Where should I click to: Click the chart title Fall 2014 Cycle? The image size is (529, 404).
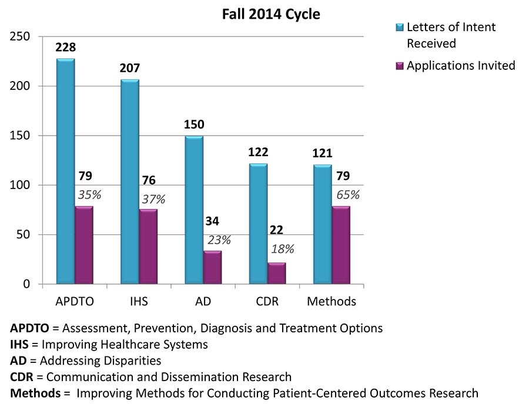pyautogui.click(x=271, y=14)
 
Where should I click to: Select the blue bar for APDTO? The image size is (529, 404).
pyautogui.click(x=65, y=170)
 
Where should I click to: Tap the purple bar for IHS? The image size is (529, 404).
pyautogui.click(x=148, y=247)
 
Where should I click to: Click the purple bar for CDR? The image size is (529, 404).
pyautogui.click(x=276, y=273)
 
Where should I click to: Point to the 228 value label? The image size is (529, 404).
pyautogui.click(x=65, y=47)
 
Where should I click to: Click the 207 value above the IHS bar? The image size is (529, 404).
pyautogui.click(x=129, y=68)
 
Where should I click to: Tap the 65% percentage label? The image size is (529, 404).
pyautogui.click(x=347, y=196)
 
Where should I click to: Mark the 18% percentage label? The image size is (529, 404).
pyautogui.click(x=282, y=248)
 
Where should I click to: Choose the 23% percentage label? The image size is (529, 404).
pyautogui.click(x=219, y=240)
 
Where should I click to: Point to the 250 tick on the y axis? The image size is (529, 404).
pyautogui.click(x=22, y=37)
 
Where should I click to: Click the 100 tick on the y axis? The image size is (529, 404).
pyautogui.click(x=22, y=186)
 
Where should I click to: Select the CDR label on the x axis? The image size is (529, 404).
pyautogui.click(x=267, y=302)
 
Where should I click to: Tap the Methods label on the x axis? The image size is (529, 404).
pyautogui.click(x=332, y=302)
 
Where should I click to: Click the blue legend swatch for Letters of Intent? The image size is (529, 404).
pyautogui.click(x=400, y=28)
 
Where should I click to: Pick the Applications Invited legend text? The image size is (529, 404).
pyautogui.click(x=461, y=65)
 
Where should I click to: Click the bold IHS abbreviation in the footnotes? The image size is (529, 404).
pyautogui.click(x=21, y=344)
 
